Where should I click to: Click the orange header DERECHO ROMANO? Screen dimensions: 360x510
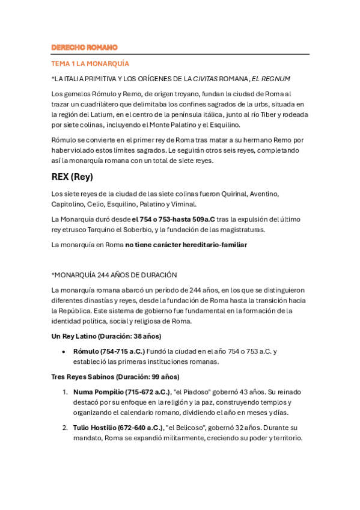tap(84, 48)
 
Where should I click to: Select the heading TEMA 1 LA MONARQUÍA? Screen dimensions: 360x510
tap(90, 63)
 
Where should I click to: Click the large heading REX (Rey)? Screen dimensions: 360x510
tap(72, 177)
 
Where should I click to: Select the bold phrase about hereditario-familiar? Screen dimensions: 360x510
tap(186, 245)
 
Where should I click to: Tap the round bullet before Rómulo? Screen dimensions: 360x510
tap(64, 351)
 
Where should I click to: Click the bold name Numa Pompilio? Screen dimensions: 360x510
tap(99, 392)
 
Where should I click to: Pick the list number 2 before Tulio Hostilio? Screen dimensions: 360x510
tap(64, 428)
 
